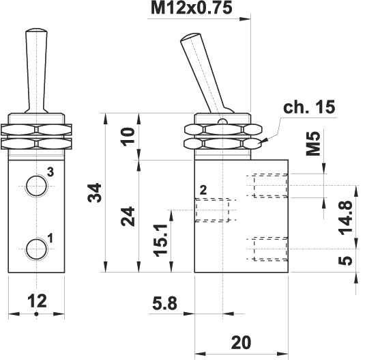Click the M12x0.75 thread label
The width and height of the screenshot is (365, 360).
click(191, 8)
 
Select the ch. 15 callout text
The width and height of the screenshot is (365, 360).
click(309, 107)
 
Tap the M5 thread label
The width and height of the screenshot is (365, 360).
click(313, 143)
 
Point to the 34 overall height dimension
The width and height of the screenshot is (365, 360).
click(95, 193)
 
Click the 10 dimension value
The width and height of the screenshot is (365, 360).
click(128, 137)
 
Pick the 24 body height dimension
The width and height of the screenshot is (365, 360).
click(128, 217)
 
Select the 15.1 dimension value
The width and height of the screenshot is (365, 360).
click(160, 240)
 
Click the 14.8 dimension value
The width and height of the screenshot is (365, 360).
click(345, 218)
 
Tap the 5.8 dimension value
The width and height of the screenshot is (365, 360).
click(165, 303)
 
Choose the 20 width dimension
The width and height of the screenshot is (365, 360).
click(242, 342)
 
